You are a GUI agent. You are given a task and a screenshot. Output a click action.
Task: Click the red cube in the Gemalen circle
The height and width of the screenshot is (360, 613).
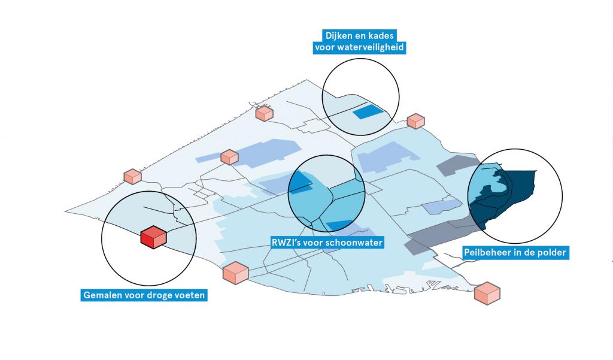(x=153, y=237)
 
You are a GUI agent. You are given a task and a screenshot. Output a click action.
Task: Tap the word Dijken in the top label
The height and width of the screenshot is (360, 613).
(x=337, y=35)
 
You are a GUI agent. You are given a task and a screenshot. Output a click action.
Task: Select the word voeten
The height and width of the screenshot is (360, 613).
(x=187, y=295)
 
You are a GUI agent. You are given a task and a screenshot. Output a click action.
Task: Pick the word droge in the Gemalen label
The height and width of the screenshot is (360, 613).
(x=159, y=295)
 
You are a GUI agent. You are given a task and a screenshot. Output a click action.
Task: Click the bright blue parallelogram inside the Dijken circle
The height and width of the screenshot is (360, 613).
(x=366, y=111)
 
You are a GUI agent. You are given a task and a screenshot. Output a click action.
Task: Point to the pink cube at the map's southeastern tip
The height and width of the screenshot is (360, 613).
(x=487, y=293)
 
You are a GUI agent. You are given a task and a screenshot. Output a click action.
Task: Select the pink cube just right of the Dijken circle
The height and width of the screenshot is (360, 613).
(x=416, y=120)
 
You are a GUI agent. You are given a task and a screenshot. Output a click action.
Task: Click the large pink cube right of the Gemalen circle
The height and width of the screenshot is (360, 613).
(x=235, y=273)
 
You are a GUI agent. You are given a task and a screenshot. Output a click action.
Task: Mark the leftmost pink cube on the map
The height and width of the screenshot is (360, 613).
(x=132, y=176)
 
